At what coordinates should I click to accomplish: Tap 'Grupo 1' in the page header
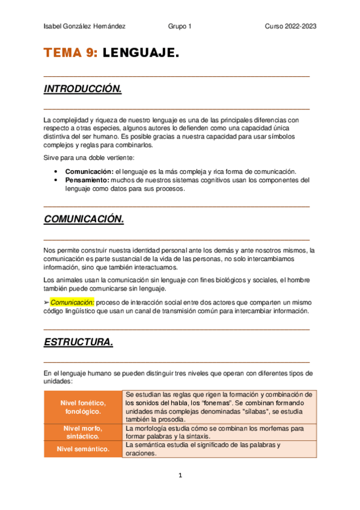pyautogui.click(x=180, y=27)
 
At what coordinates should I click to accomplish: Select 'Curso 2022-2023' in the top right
pyautogui.click(x=291, y=27)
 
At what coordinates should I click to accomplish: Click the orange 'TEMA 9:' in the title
pyautogui.click(x=70, y=54)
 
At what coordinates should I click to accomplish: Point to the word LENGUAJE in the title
pyautogui.click(x=141, y=54)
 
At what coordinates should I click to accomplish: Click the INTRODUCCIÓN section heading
pyautogui.click(x=83, y=89)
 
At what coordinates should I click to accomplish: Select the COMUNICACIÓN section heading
pyautogui.click(x=84, y=219)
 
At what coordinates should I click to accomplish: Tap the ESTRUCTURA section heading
pyautogui.click(x=79, y=342)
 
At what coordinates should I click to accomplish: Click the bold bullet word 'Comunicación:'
pyautogui.click(x=89, y=171)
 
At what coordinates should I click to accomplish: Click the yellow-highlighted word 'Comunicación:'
pyautogui.click(x=72, y=302)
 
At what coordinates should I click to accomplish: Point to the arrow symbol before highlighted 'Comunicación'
pyautogui.click(x=47, y=302)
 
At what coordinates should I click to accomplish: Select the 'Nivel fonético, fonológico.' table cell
pyautogui.click(x=83, y=407)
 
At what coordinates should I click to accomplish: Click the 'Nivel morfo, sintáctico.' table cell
pyautogui.click(x=83, y=432)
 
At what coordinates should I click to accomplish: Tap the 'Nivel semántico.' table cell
pyautogui.click(x=83, y=449)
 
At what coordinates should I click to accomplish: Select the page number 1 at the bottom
pyautogui.click(x=180, y=475)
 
